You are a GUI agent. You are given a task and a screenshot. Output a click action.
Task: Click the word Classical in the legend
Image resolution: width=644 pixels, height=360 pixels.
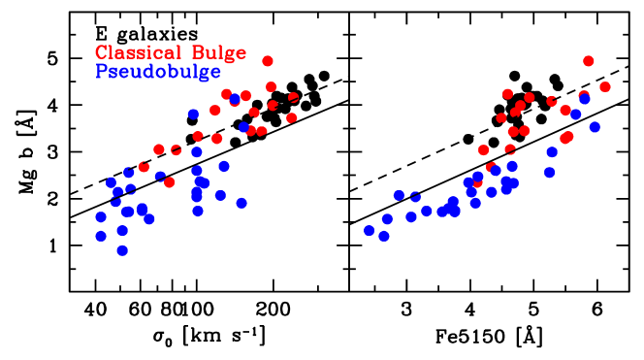(x=138, y=53)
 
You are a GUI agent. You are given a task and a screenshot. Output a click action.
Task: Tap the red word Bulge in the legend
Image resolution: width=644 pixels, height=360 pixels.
(x=219, y=53)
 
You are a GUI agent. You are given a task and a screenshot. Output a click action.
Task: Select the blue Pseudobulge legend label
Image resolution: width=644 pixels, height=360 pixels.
(x=158, y=72)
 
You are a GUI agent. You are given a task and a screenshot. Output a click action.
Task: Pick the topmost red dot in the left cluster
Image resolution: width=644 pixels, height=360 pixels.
(x=268, y=61)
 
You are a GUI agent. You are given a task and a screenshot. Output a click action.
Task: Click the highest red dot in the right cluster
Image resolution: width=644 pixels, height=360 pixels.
(x=589, y=61)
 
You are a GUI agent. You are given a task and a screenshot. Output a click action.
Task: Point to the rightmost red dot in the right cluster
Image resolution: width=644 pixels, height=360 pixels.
(x=605, y=87)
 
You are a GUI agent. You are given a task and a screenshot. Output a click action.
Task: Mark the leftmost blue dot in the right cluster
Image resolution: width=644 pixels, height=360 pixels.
(x=369, y=230)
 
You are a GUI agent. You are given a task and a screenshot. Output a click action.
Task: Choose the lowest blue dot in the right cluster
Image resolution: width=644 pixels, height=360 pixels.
(x=384, y=236)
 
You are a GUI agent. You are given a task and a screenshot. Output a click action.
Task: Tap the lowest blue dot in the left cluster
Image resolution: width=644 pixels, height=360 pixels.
(x=122, y=250)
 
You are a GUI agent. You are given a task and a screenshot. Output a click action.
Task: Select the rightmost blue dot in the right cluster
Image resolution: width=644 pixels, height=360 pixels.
(x=595, y=127)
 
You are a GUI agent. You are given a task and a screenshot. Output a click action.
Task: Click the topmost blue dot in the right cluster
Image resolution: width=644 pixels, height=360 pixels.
(x=585, y=99)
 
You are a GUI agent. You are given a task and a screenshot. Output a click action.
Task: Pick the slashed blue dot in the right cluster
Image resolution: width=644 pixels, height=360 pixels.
(x=415, y=197)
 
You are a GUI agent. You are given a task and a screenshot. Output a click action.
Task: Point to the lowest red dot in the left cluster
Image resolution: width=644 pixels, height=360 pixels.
(x=170, y=182)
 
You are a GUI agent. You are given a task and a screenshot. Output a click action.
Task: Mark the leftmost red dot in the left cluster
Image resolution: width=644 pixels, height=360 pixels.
(x=144, y=167)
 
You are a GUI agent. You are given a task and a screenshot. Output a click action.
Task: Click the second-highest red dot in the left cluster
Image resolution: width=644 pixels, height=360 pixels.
(x=271, y=86)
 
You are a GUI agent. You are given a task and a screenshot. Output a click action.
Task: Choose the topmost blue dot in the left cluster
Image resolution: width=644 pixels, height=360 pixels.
(x=235, y=99)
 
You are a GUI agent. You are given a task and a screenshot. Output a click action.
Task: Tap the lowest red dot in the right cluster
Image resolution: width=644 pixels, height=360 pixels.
(x=477, y=181)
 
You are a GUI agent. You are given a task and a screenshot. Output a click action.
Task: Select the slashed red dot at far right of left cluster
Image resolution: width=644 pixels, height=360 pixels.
(x=293, y=98)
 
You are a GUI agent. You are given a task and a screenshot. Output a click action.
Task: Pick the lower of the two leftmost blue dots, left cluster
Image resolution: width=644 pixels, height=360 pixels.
(x=101, y=236)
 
